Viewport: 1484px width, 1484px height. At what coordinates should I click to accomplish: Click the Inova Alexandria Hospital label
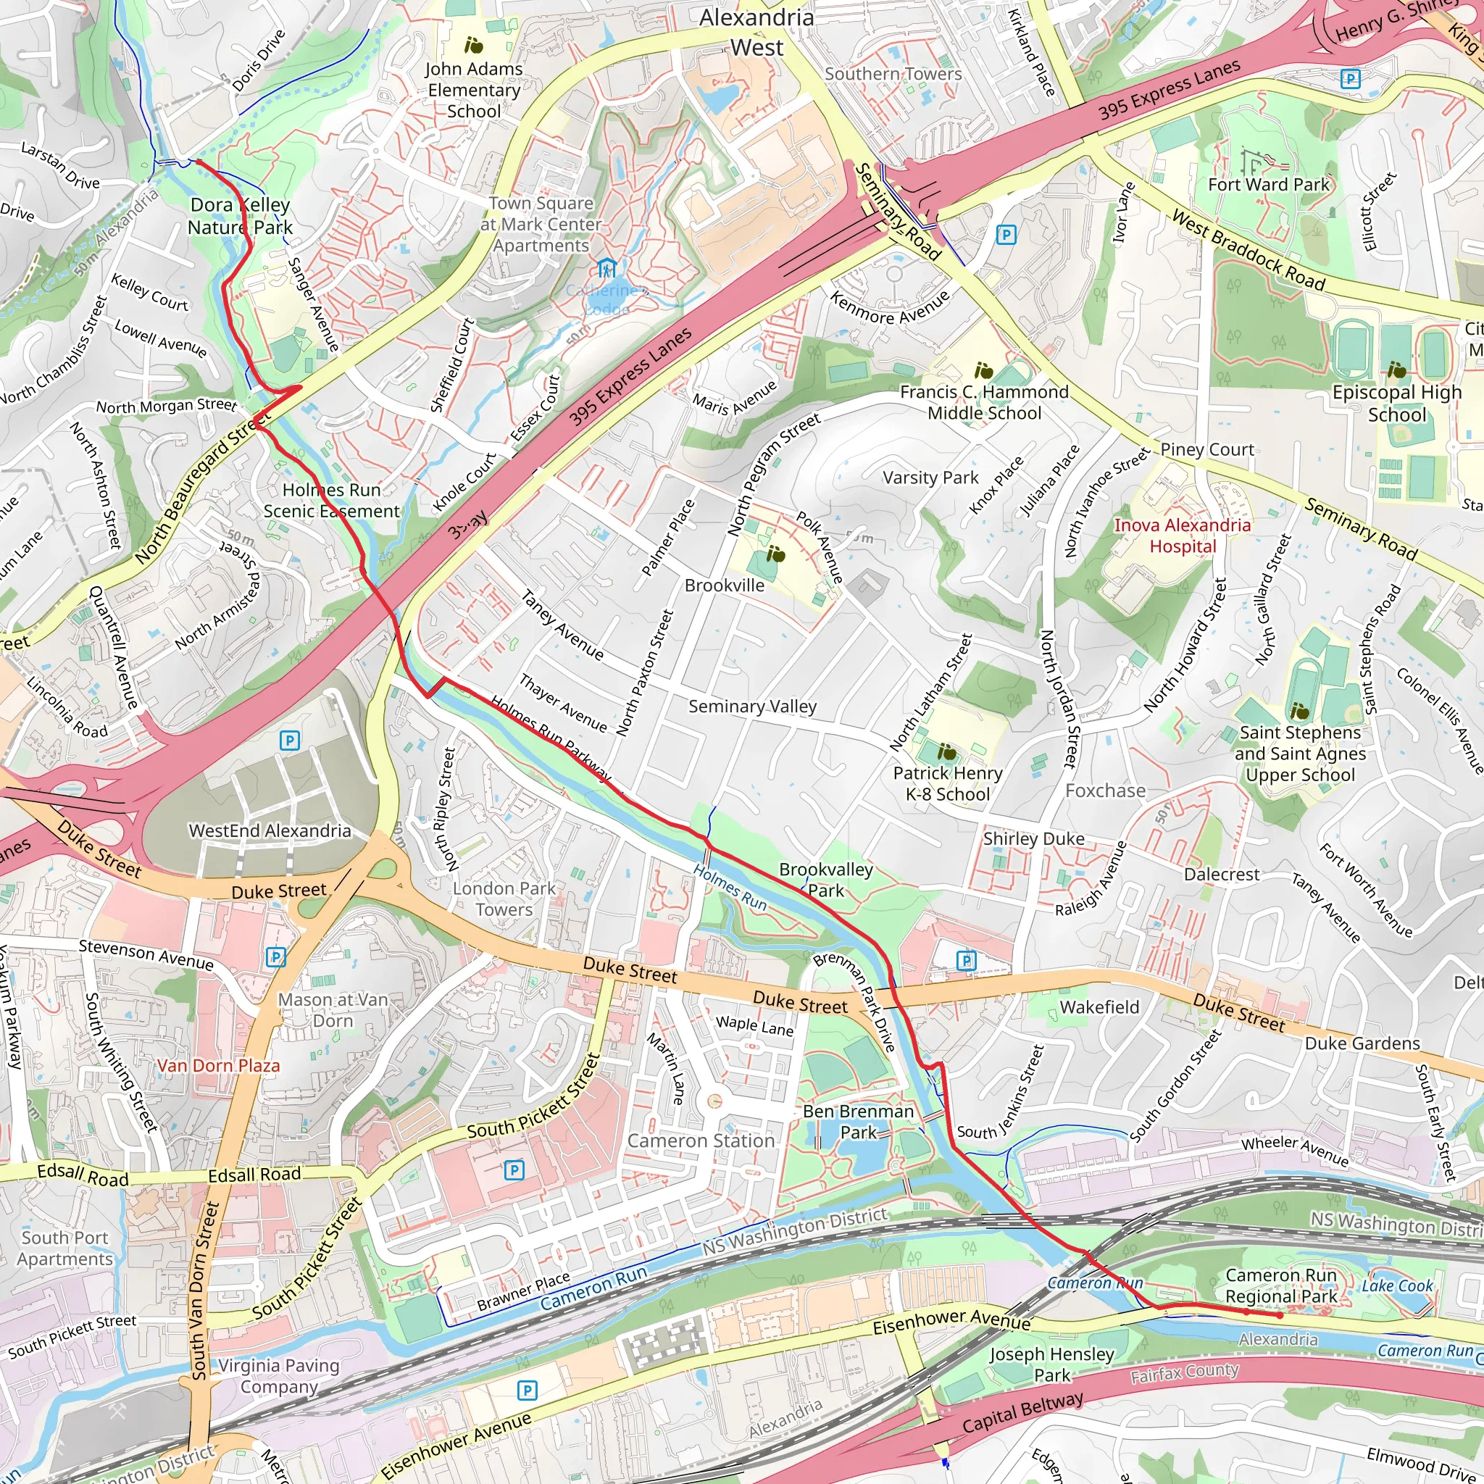pyautogui.click(x=1182, y=536)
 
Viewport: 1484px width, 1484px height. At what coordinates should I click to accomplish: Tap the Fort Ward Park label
pyautogui.click(x=1268, y=184)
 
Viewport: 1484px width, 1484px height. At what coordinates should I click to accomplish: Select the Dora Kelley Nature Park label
pyautogui.click(x=240, y=216)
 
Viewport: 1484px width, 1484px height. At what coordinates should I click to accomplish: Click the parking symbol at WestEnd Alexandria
pyautogui.click(x=289, y=741)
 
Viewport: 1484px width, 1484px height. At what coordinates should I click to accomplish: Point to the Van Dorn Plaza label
pyautogui.click(x=218, y=1065)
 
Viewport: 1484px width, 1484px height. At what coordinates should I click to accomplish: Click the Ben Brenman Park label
pyautogui.click(x=858, y=1122)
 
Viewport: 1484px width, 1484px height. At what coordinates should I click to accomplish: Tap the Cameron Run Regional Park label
pyautogui.click(x=1280, y=1286)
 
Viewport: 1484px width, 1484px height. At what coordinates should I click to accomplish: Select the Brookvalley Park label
pyautogui.click(x=826, y=880)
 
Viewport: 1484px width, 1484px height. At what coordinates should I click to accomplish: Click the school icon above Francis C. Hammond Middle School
pyautogui.click(x=983, y=371)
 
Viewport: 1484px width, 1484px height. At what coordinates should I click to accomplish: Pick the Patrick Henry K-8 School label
pyautogui.click(x=947, y=783)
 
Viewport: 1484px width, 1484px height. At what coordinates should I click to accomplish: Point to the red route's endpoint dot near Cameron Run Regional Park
pyautogui.click(x=1280, y=1315)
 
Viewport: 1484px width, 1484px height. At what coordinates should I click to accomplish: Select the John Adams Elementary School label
pyautogui.click(x=474, y=90)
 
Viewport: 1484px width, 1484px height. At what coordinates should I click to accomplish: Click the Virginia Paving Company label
pyautogui.click(x=279, y=1376)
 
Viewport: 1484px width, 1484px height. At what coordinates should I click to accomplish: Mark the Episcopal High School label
pyautogui.click(x=1396, y=404)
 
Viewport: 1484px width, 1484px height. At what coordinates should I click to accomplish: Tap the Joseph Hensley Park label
pyautogui.click(x=1051, y=1364)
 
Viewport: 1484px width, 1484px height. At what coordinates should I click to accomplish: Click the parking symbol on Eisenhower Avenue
pyautogui.click(x=527, y=1391)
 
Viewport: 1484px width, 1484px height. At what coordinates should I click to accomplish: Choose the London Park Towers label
pyautogui.click(x=504, y=899)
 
